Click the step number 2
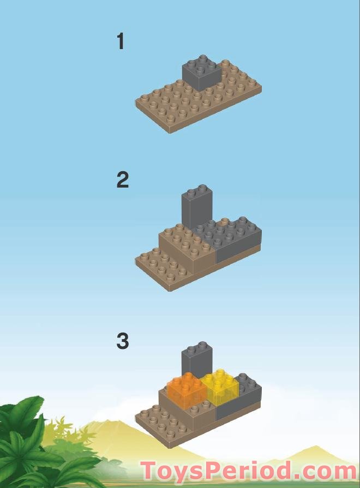pos(122,180)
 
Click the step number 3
pos(122,341)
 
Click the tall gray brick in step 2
pos(196,207)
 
